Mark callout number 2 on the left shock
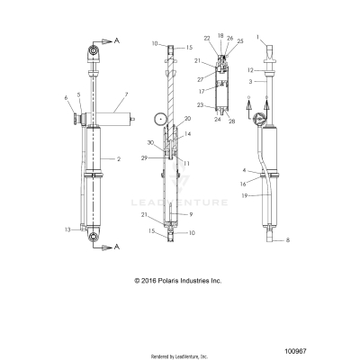coord(119,158)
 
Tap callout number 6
coord(65,96)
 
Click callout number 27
coord(199,78)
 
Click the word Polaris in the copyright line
coord(179,280)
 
